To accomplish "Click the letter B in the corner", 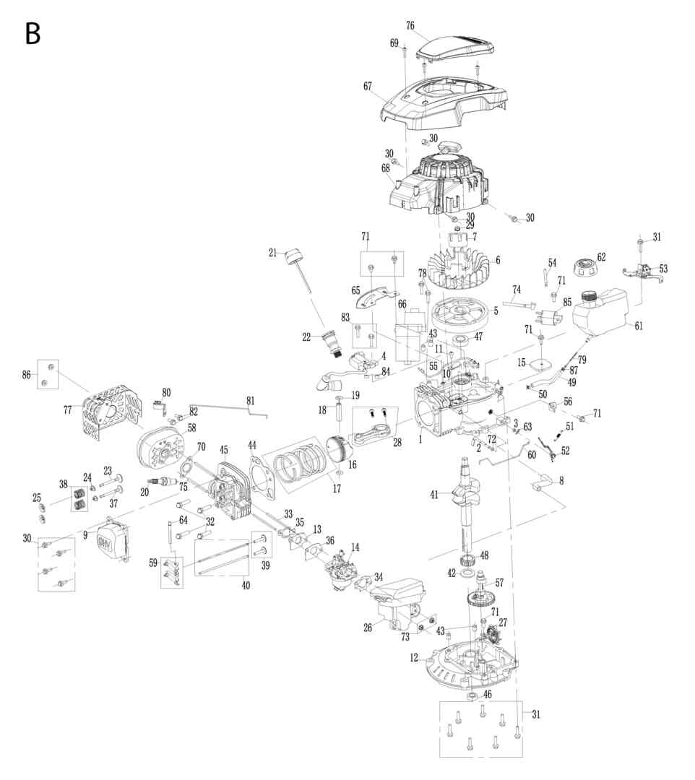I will click(33, 32).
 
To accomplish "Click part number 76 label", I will click(410, 26).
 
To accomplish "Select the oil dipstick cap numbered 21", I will click(293, 256).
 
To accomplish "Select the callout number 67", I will click(368, 87).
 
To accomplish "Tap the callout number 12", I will click(414, 658).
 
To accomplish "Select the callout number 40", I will click(246, 586).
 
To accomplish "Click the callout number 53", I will click(663, 269).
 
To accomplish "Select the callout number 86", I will click(27, 375).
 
